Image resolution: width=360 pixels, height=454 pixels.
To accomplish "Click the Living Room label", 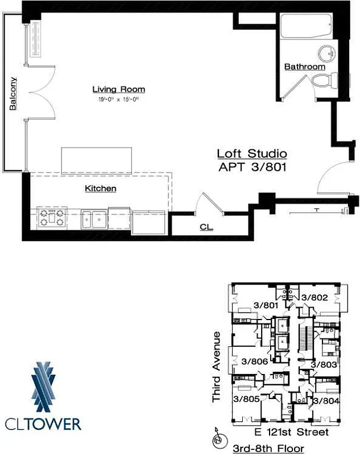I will click(118, 89).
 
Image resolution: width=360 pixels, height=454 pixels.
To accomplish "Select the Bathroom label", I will click(305, 66).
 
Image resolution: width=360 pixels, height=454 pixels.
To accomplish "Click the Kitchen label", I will click(101, 188).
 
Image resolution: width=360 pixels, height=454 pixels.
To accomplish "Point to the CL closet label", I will click(206, 227).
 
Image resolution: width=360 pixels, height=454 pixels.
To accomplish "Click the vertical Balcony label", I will click(12, 93).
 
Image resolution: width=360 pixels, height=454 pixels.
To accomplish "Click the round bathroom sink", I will click(326, 54).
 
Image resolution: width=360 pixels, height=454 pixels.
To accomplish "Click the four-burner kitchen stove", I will click(52, 218).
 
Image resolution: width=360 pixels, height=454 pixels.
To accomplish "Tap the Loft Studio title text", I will click(251, 154).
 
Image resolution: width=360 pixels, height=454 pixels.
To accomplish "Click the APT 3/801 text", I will click(251, 167).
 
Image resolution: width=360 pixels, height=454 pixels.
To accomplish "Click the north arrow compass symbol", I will click(216, 440).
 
